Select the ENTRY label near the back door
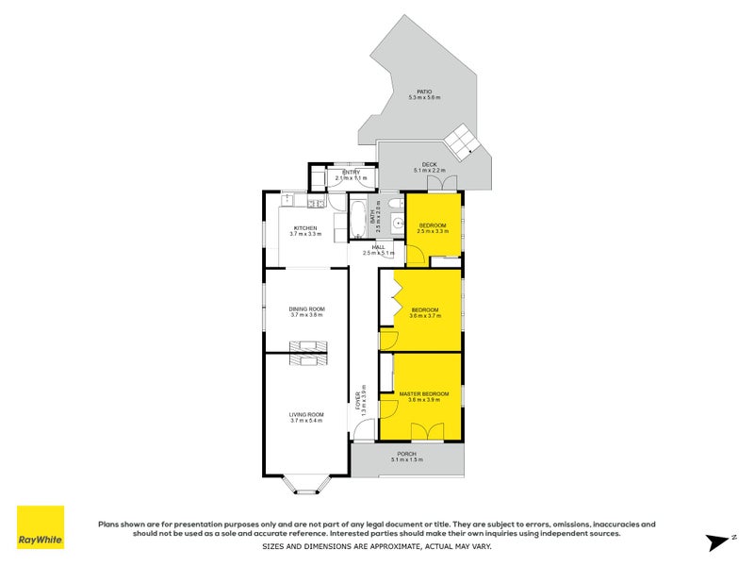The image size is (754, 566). (351, 174)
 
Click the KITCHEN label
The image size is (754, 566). (304, 229)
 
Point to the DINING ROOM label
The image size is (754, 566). (306, 310)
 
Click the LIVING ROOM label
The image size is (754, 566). (306, 416)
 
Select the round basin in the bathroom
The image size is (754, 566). (398, 225)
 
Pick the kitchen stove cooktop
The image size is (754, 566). (292, 202)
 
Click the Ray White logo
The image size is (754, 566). (41, 527)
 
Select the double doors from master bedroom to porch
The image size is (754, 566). (427, 432)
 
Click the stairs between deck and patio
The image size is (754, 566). (463, 141)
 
